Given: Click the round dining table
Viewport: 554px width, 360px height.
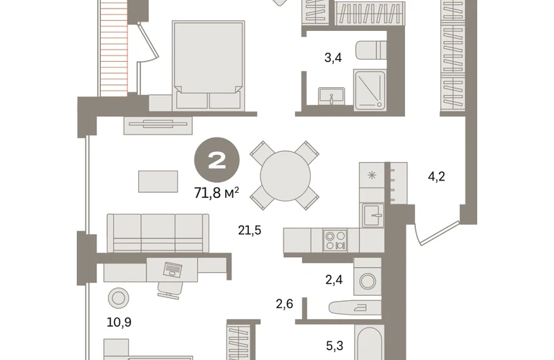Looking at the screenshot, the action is click(285, 176).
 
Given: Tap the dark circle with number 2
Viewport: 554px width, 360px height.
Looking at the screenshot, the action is click(217, 160).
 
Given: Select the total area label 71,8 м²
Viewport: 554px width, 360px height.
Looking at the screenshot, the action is click(217, 193).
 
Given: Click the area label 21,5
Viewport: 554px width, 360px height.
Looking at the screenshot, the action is click(250, 230).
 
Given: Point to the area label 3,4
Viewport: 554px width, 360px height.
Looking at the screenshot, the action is click(333, 58).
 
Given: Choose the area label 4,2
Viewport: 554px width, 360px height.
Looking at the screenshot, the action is click(436, 176).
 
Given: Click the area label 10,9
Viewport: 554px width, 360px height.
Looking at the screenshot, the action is click(119, 322).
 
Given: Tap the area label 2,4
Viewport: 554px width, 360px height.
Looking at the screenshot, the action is click(334, 280).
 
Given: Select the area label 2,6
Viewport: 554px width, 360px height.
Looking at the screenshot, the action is click(284, 304).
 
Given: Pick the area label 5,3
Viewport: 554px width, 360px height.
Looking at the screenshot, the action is click(335, 346).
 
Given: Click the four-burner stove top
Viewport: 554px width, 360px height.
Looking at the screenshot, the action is click(335, 240).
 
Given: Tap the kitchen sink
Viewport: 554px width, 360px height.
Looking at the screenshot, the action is click(373, 215).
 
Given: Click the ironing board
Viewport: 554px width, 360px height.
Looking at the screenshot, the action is click(355, 307).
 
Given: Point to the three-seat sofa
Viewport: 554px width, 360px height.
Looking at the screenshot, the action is click(158, 233).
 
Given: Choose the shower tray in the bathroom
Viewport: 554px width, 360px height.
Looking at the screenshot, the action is click(370, 90).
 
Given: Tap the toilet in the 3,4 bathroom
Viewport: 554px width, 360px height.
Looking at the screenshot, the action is click(371, 50).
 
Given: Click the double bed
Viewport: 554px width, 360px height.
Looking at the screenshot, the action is click(209, 65).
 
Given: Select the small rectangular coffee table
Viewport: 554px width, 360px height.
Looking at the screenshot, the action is click(158, 181).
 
